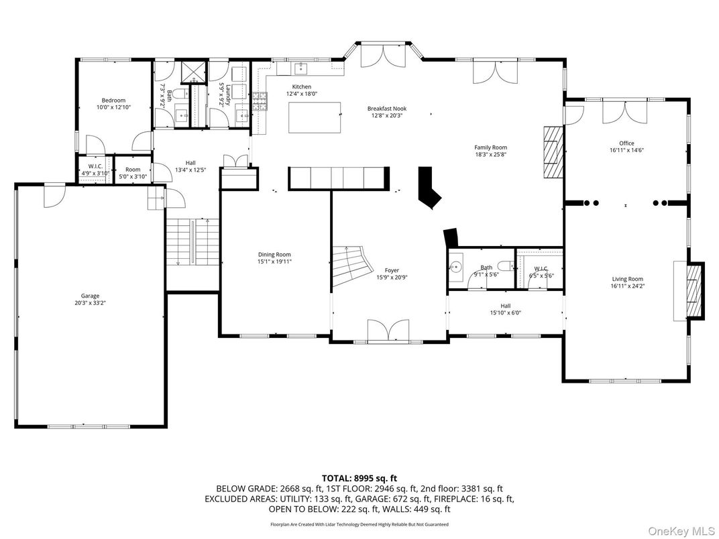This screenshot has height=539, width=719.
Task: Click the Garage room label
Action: [90, 299]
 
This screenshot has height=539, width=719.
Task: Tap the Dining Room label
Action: [274, 257]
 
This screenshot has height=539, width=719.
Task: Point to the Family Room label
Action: [490, 151]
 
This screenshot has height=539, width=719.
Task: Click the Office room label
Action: [626, 147]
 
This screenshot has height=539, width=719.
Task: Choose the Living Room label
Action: [627, 282]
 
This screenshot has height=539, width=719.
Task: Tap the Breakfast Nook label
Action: [386, 112]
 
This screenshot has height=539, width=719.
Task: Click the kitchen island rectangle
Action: [314, 118]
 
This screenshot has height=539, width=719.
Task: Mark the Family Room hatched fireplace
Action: [551, 152]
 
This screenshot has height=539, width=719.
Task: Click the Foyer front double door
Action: [388, 331]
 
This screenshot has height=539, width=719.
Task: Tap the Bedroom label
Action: [113, 104]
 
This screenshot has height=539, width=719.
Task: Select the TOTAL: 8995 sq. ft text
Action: [359, 478]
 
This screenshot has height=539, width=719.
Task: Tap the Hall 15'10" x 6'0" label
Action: [505, 309]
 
